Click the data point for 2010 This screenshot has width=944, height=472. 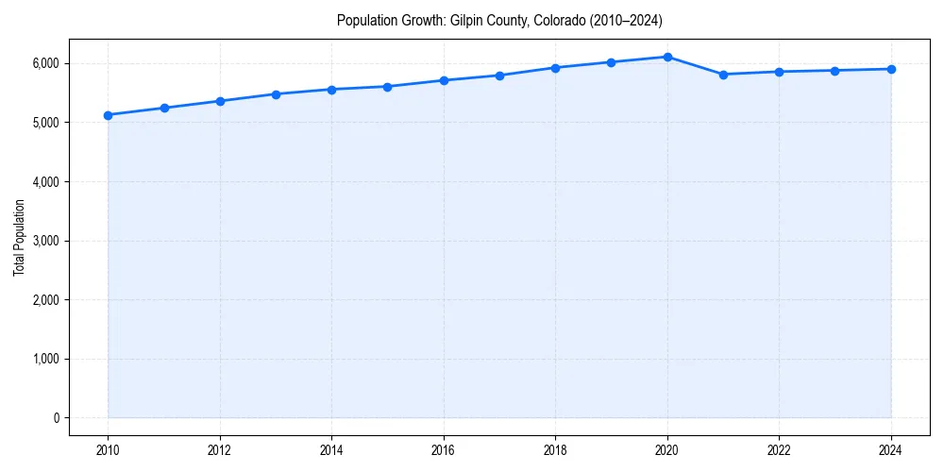pos(109,115)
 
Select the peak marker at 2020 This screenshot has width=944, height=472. pos(667,57)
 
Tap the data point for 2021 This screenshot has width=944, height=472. pos(723,75)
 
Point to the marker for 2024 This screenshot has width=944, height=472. pos(891,69)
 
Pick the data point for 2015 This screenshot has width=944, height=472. pos(388,87)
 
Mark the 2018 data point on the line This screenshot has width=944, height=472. pos(556,68)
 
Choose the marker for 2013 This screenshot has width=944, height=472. pos(276,94)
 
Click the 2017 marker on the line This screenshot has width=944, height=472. pos(499,76)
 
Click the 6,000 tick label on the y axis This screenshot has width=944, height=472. pos(43,63)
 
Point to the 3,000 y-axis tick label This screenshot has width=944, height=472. pos(43,241)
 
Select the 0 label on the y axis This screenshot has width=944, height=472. pos(56,418)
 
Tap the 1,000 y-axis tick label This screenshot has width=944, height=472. pos(43,359)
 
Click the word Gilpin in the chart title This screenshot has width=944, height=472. pos(466,20)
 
